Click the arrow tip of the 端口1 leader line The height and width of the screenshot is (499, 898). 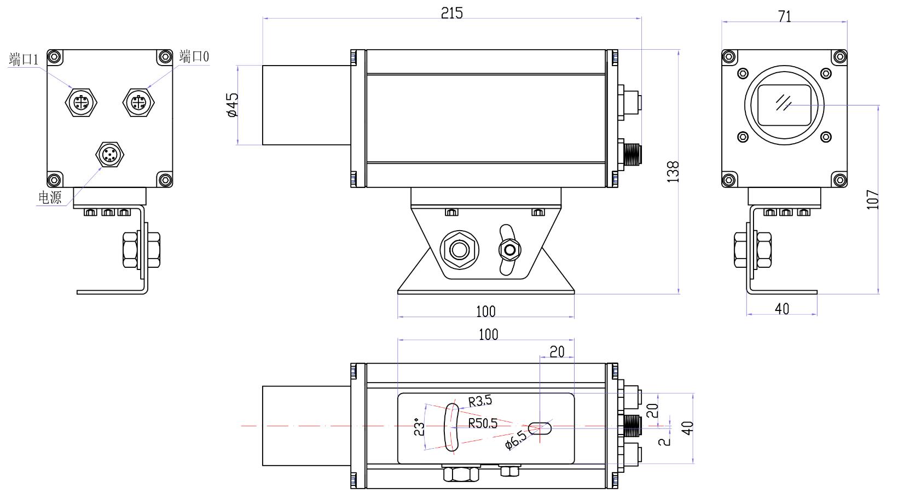(x=73, y=89)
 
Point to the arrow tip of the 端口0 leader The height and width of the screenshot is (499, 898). (x=147, y=87)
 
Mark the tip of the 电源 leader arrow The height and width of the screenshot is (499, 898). (x=102, y=168)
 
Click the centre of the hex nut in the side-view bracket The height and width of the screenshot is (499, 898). (x=460, y=250)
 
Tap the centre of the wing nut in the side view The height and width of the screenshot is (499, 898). (x=509, y=250)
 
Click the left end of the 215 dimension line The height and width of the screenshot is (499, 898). (x=263, y=18)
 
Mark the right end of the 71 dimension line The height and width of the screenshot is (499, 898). (x=847, y=22)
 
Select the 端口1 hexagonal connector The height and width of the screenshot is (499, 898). (x=81, y=103)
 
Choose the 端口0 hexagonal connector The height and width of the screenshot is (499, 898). (x=138, y=103)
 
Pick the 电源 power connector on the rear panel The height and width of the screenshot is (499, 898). (x=110, y=154)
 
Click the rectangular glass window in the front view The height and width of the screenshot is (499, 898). (x=784, y=105)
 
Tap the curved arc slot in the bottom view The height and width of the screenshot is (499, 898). (x=451, y=427)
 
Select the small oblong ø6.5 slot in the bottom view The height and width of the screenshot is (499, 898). (x=540, y=428)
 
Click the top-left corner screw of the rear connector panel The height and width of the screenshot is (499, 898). (x=55, y=57)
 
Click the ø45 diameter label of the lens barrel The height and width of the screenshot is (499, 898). (x=233, y=105)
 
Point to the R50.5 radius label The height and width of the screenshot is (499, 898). (x=483, y=423)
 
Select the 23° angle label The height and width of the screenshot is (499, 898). (x=419, y=427)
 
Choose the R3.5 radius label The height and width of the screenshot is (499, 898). (x=480, y=401)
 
